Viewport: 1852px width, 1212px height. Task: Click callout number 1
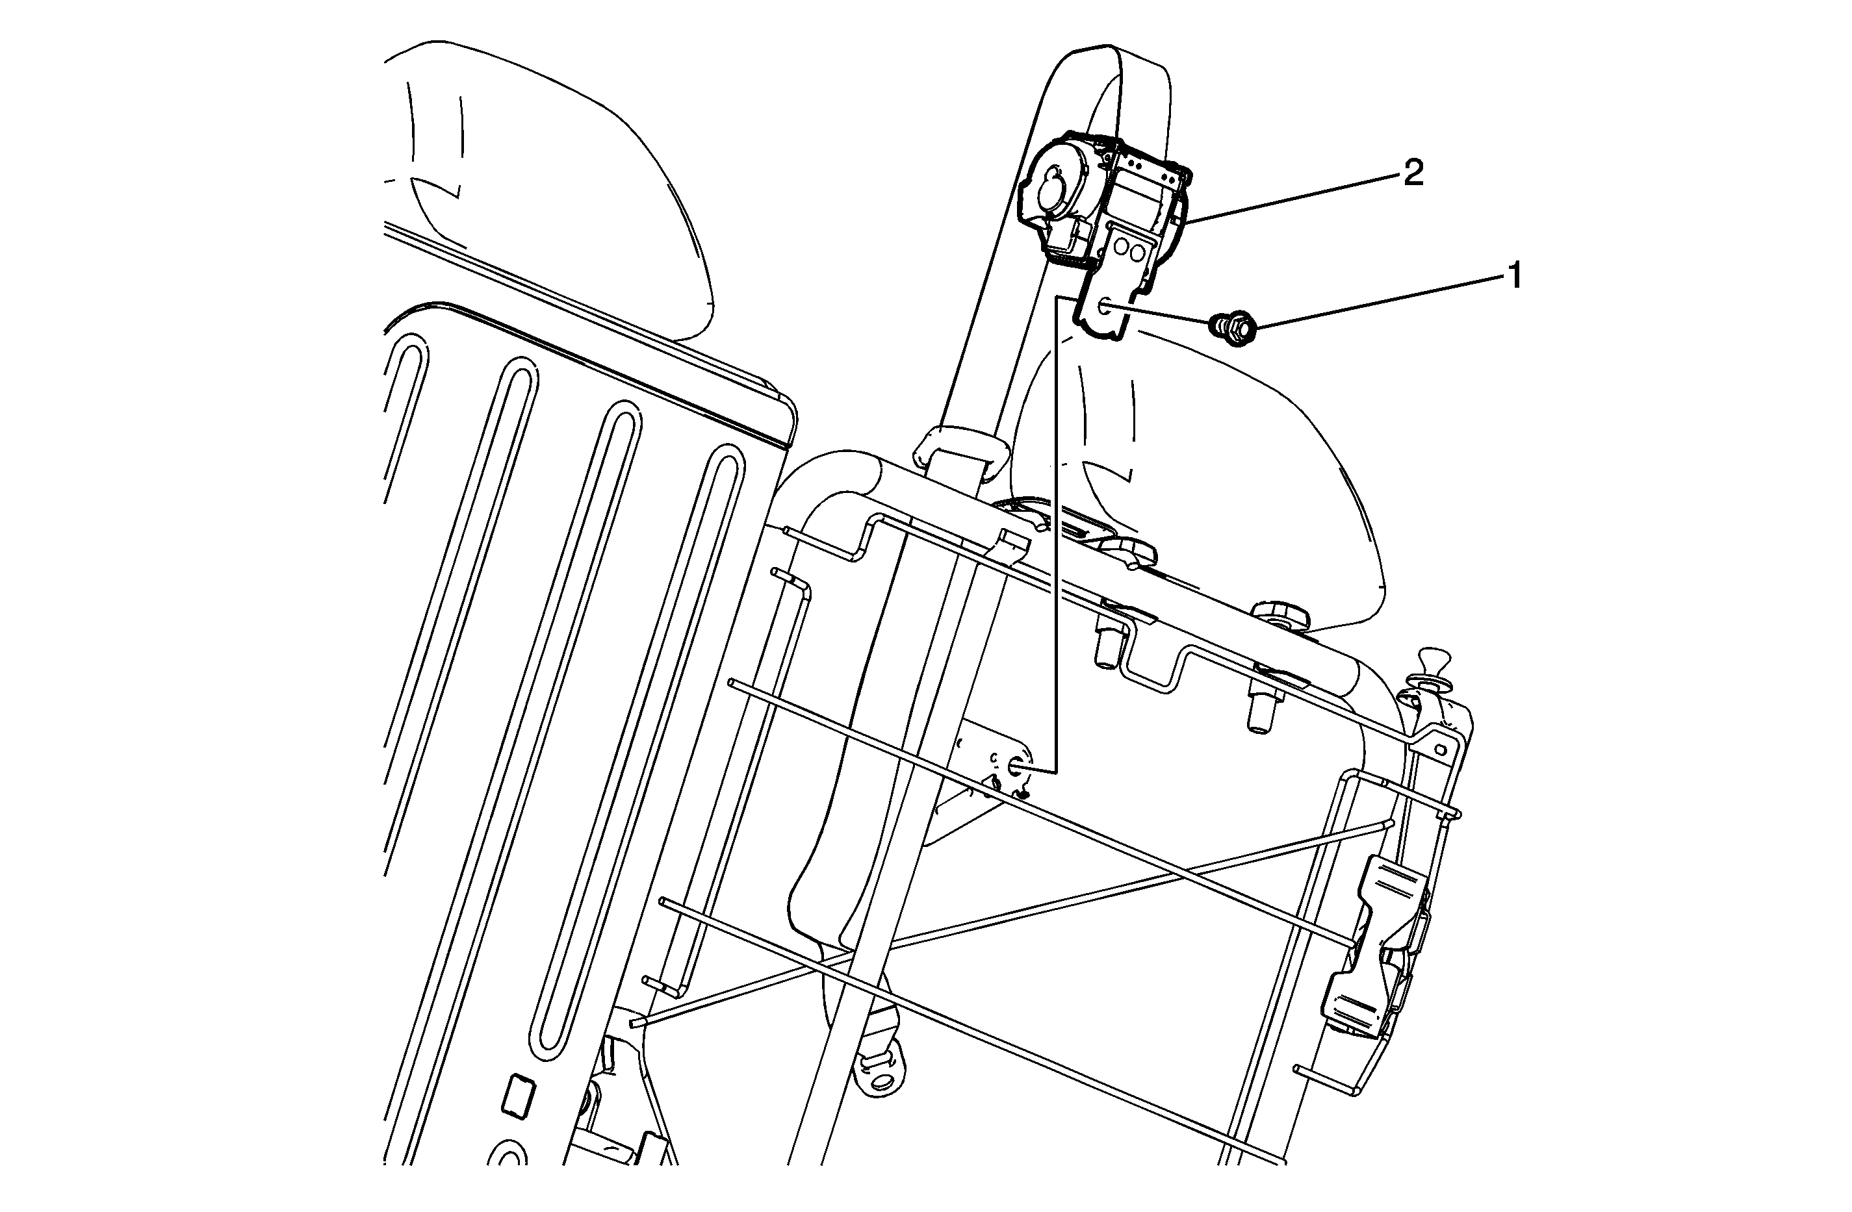pyautogui.click(x=1514, y=276)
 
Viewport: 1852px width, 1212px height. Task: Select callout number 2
pyautogui.click(x=1413, y=173)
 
